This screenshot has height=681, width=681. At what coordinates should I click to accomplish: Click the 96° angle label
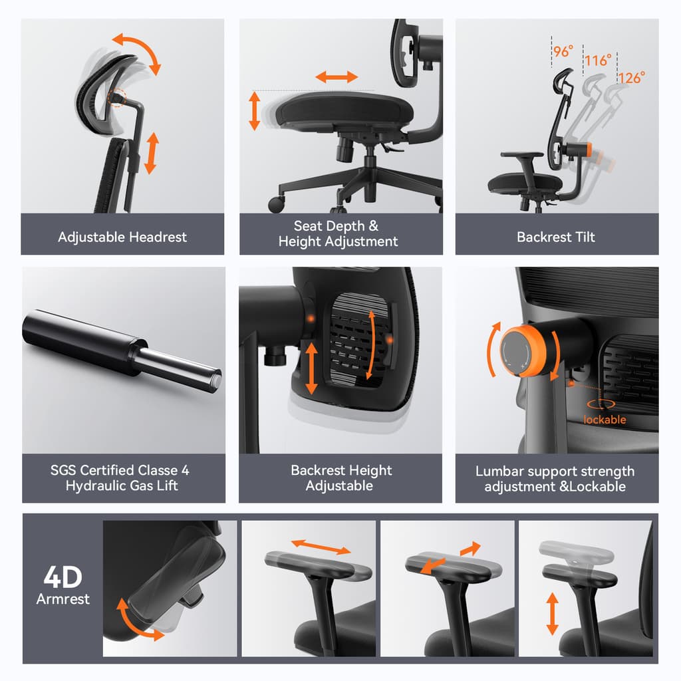point(563,51)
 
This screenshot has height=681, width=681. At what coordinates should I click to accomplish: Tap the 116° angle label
point(597,61)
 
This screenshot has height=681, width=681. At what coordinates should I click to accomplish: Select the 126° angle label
point(631,78)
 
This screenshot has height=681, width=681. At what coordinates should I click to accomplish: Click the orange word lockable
point(605,420)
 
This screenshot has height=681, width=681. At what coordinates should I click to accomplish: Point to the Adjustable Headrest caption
point(122,237)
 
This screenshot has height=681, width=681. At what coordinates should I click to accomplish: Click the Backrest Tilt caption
point(556,237)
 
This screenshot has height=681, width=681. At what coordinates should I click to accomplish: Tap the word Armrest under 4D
point(63,599)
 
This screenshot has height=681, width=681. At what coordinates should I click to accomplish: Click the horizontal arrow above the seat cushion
point(337,76)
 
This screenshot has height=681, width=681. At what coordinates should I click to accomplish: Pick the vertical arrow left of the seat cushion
point(254,111)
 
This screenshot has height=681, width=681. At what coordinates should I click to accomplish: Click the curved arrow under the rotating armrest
point(138,621)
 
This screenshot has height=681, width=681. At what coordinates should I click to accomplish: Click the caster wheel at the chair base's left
point(276,204)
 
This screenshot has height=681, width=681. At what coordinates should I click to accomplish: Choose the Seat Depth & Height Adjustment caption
point(338,233)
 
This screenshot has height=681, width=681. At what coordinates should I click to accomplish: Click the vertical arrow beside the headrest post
point(152,153)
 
